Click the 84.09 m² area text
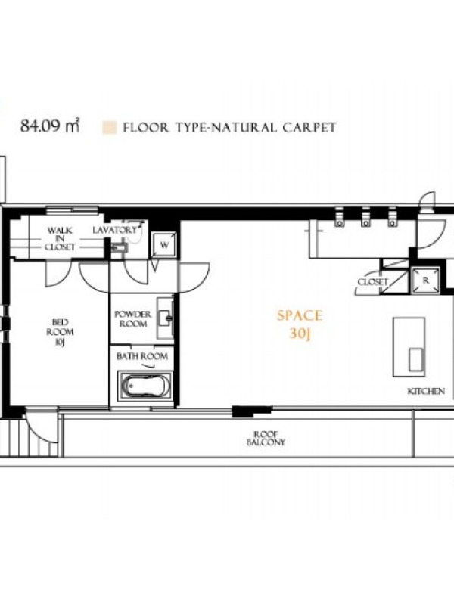coord(50,126)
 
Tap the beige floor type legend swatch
coord(109,128)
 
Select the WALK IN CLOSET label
coord(60,239)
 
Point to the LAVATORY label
coord(115,231)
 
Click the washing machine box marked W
coord(164,244)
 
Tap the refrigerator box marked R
coord(425,281)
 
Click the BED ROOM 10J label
coord(60,332)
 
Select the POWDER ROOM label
coord(133,319)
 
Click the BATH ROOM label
coord(142,356)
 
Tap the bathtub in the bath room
coord(145,386)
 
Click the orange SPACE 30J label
coord(300,324)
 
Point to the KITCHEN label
coord(426,391)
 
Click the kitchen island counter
coord(409,347)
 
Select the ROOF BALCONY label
coord(266,439)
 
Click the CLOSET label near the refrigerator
coord(372,281)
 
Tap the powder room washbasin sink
coord(165,318)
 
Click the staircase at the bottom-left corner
coord(30,437)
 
